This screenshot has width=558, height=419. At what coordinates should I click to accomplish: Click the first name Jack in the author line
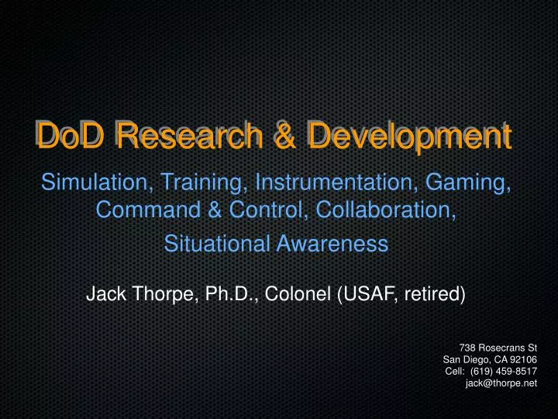104,295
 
